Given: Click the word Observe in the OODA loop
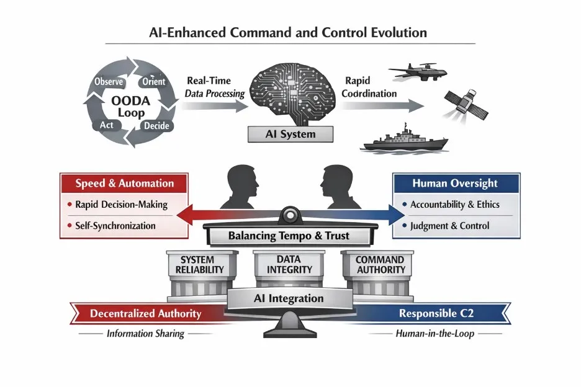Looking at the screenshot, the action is click(x=109, y=81).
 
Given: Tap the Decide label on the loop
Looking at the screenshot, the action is click(x=156, y=126).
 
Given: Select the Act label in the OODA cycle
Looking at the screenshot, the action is click(x=106, y=125).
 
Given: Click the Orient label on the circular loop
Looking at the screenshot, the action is click(x=154, y=81).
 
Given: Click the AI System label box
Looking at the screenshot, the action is click(x=290, y=134).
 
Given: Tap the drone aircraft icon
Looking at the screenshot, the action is click(x=418, y=71).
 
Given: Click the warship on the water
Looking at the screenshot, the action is click(x=405, y=140).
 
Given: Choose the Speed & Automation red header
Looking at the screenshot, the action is click(x=125, y=184).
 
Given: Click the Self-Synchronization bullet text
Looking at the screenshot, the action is click(x=115, y=226).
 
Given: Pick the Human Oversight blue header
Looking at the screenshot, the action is click(x=456, y=184).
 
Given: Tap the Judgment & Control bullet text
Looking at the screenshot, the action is click(x=449, y=226).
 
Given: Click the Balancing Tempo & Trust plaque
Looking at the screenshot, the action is click(x=289, y=236).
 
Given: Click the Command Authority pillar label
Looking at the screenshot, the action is click(x=380, y=265).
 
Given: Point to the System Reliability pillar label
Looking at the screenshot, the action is click(x=199, y=265).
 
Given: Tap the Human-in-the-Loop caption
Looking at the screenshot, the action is click(x=435, y=333).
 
